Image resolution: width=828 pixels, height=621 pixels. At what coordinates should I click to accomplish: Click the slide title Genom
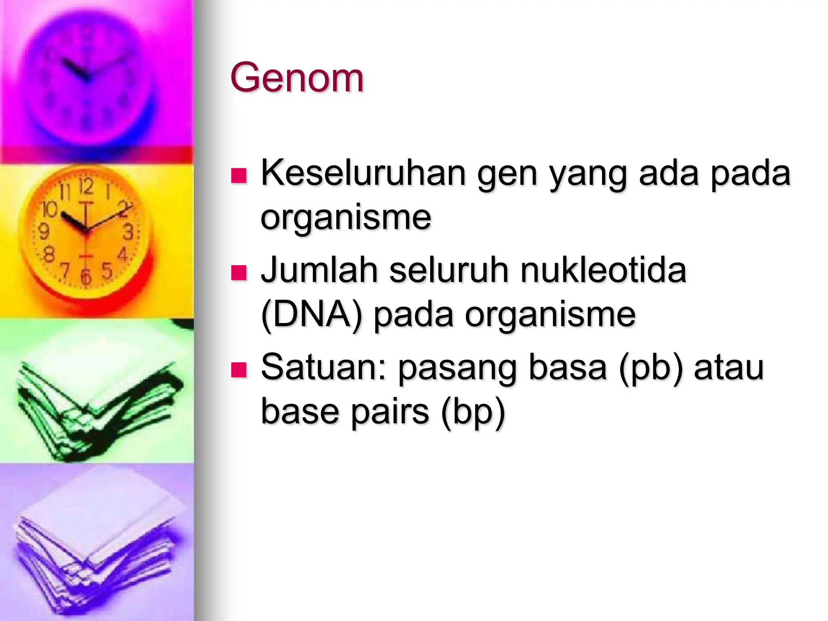[297, 78]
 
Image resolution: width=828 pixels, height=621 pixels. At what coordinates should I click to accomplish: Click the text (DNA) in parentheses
[311, 315]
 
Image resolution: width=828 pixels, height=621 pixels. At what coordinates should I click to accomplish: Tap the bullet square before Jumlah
[239, 272]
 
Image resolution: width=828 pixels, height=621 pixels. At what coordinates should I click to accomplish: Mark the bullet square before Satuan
[239, 370]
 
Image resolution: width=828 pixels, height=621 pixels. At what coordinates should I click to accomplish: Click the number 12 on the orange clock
[86, 187]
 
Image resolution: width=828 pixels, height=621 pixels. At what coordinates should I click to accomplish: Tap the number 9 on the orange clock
[43, 232]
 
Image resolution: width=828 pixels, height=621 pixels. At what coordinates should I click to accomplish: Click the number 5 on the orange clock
[107, 270]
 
